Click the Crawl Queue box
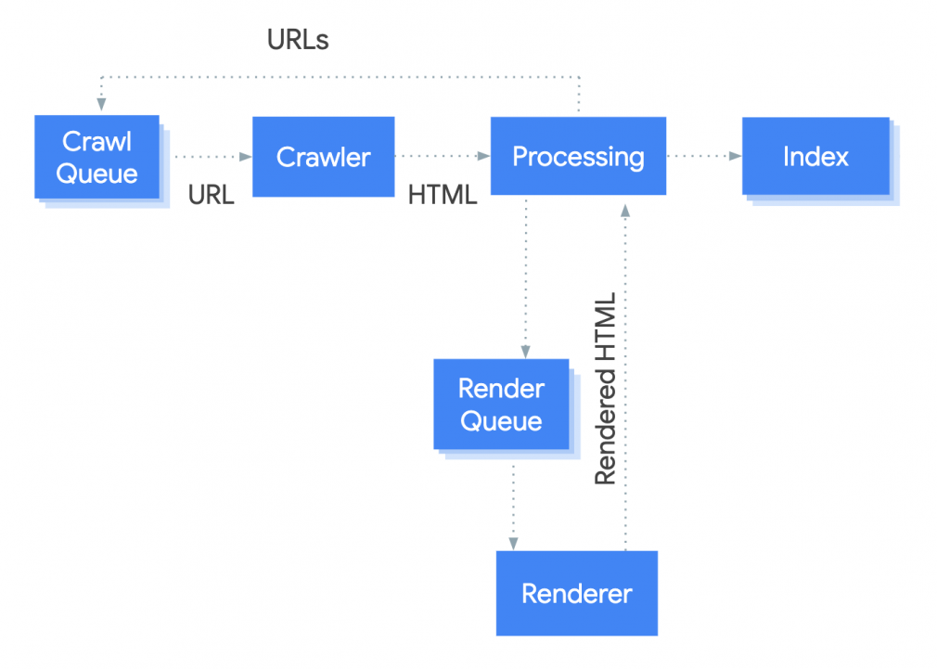(x=96, y=157)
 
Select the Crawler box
(x=323, y=157)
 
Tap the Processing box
(x=577, y=156)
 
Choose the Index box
(x=815, y=156)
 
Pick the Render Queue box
(x=501, y=405)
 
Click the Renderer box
(x=576, y=593)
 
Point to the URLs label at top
(x=298, y=40)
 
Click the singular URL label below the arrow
(x=211, y=195)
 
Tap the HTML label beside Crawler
(x=443, y=195)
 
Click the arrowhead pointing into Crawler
(x=247, y=157)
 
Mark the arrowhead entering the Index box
(x=736, y=156)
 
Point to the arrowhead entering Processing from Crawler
(x=484, y=157)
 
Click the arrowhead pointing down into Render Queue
(x=525, y=352)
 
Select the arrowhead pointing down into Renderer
(x=512, y=544)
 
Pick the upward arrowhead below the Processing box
(x=625, y=203)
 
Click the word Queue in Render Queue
(x=501, y=421)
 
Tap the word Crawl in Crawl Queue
(x=96, y=141)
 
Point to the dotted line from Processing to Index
(x=700, y=156)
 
